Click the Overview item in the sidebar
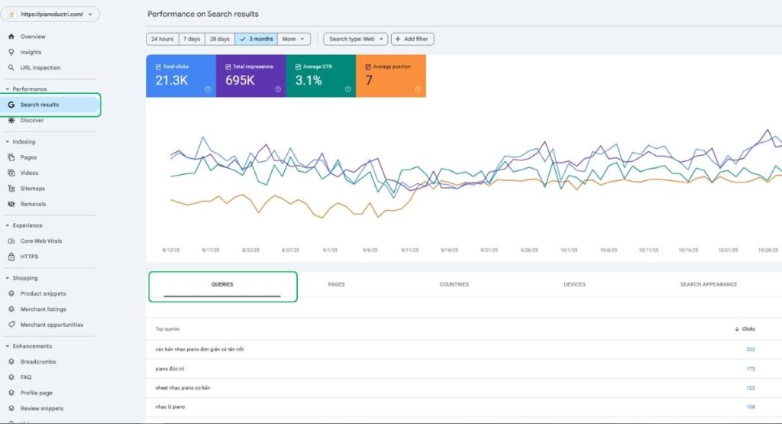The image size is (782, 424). pyautogui.click(x=32, y=37)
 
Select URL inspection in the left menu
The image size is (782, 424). pyautogui.click(x=40, y=68)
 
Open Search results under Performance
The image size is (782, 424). pyautogui.click(x=39, y=105)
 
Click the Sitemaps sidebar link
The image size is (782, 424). pyautogui.click(x=32, y=189)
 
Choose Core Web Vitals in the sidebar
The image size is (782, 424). pyautogui.click(x=40, y=241)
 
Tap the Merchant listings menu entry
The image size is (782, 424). pyautogui.click(x=43, y=309)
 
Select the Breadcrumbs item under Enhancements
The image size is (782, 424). pyautogui.click(x=37, y=362)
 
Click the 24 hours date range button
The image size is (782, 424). pyautogui.click(x=162, y=39)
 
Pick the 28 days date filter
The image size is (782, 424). pyautogui.click(x=219, y=39)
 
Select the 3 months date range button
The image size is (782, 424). pyautogui.click(x=256, y=39)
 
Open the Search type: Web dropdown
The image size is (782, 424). pyautogui.click(x=355, y=39)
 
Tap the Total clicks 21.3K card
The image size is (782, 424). pyautogui.click(x=180, y=76)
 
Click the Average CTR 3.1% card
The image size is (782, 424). pyautogui.click(x=321, y=76)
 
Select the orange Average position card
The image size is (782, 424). pyautogui.click(x=391, y=76)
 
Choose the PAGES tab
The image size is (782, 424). pyautogui.click(x=336, y=284)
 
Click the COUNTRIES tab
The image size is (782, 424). pyautogui.click(x=454, y=284)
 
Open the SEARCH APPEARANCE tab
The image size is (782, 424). pyautogui.click(x=708, y=284)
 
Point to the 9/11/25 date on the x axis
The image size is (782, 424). pyautogui.click(x=409, y=250)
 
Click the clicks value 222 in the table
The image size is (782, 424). pyautogui.click(x=750, y=349)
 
